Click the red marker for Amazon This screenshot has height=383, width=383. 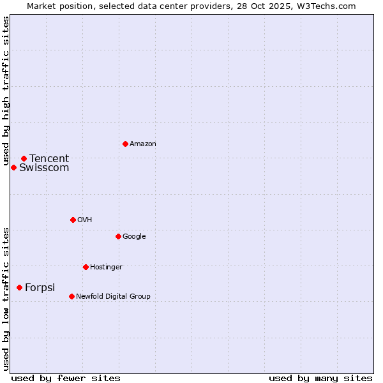pyautogui.click(x=125, y=144)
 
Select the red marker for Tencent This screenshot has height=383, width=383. pyautogui.click(x=24, y=158)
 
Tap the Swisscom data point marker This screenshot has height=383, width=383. pyautogui.click(x=13, y=167)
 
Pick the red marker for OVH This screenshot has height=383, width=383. pyautogui.click(x=73, y=220)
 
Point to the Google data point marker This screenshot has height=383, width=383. pyautogui.click(x=118, y=236)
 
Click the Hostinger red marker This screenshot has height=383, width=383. pyautogui.click(x=86, y=267)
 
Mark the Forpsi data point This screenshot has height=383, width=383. pyautogui.click(x=19, y=287)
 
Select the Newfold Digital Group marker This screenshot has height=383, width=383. pyautogui.click(x=71, y=296)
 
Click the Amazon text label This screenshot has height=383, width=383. pyautogui.click(x=143, y=144)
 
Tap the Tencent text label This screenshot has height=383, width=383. pyautogui.click(x=49, y=159)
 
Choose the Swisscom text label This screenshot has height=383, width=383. pyautogui.click(x=44, y=168)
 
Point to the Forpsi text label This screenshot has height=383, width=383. pyautogui.click(x=40, y=288)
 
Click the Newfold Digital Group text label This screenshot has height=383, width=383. pyautogui.click(x=113, y=296)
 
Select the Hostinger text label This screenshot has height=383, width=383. pyautogui.click(x=106, y=267)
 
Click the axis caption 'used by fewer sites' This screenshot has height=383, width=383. pyautogui.click(x=66, y=378)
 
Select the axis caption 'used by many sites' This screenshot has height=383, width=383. pyautogui.click(x=320, y=378)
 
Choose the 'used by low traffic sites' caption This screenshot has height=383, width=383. pyautogui.click(x=6, y=299)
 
